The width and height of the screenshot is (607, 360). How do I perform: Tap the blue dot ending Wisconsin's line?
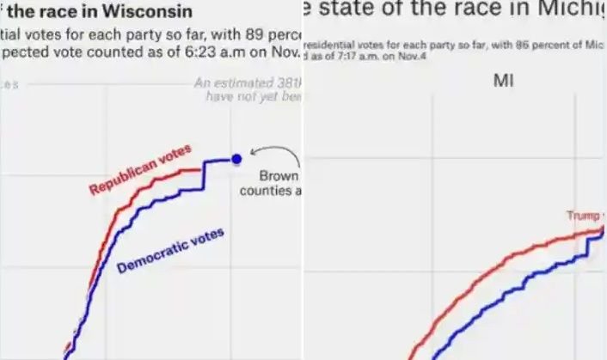[x=237, y=159]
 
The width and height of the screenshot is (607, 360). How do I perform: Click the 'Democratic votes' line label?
[x=170, y=250]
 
